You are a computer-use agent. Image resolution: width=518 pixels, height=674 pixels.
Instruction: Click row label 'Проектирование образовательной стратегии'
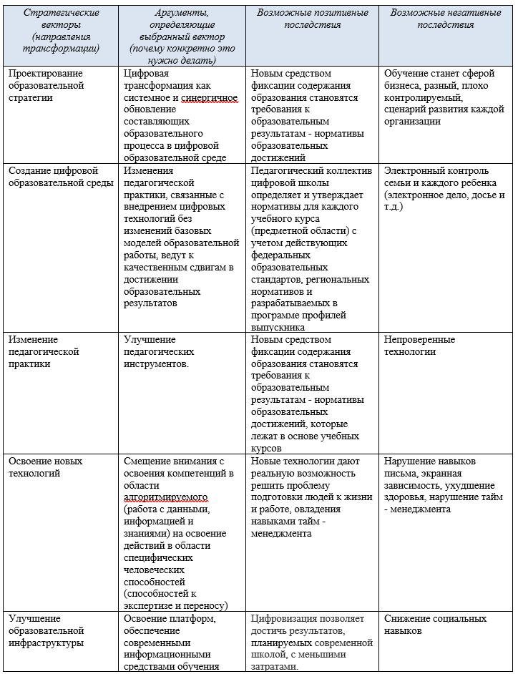coord(46,85)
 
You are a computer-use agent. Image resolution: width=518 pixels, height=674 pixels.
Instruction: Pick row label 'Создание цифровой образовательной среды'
coord(61,177)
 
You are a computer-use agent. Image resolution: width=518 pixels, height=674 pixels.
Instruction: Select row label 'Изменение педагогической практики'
coord(44,351)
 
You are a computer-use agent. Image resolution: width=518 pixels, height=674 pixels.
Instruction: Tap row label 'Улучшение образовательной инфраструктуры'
coord(47,630)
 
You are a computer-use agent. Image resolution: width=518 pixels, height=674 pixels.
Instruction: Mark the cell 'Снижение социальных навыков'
coord(435,625)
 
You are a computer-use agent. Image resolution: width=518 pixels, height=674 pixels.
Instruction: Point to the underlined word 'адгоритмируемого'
coord(165,497)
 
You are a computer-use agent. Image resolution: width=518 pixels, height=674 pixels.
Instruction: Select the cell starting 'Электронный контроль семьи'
coord(444,188)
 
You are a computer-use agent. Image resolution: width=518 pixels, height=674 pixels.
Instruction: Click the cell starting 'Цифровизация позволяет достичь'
coord(312,641)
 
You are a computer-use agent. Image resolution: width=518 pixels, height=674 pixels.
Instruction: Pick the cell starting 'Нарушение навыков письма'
coord(443,484)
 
